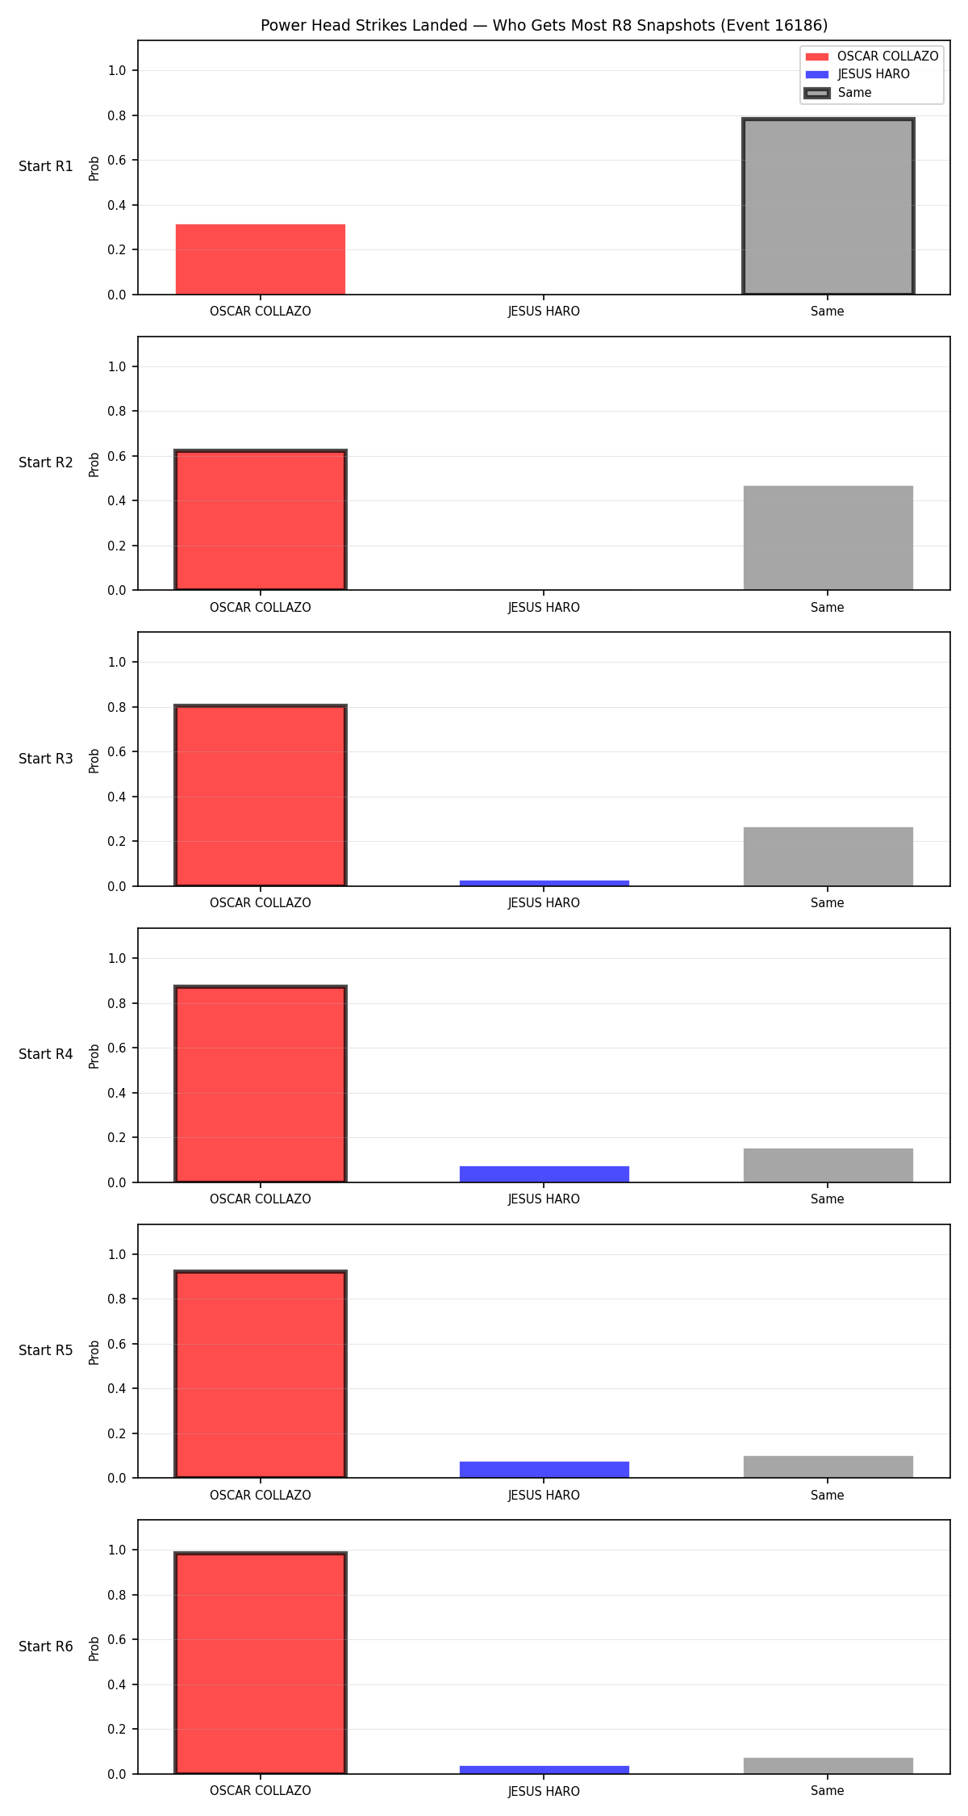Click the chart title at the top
tap(544, 25)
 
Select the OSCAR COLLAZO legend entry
tap(872, 56)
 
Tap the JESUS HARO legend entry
tap(857, 74)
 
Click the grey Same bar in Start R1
tap(828, 207)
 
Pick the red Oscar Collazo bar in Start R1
tap(261, 259)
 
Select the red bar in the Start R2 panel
tap(261, 521)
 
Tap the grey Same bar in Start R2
tap(828, 538)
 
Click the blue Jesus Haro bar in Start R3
tap(544, 883)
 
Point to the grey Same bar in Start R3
tap(828, 856)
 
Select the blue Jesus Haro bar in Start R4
tap(544, 1174)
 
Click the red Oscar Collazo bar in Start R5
tap(261, 1375)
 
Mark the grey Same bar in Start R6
tap(828, 1766)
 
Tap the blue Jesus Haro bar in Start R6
tap(544, 1770)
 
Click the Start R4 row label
tap(46, 1054)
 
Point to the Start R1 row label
tap(46, 166)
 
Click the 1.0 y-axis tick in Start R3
tap(117, 662)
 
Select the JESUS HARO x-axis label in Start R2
tap(544, 607)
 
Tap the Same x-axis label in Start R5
tap(828, 1495)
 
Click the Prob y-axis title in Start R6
tap(94, 1648)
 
